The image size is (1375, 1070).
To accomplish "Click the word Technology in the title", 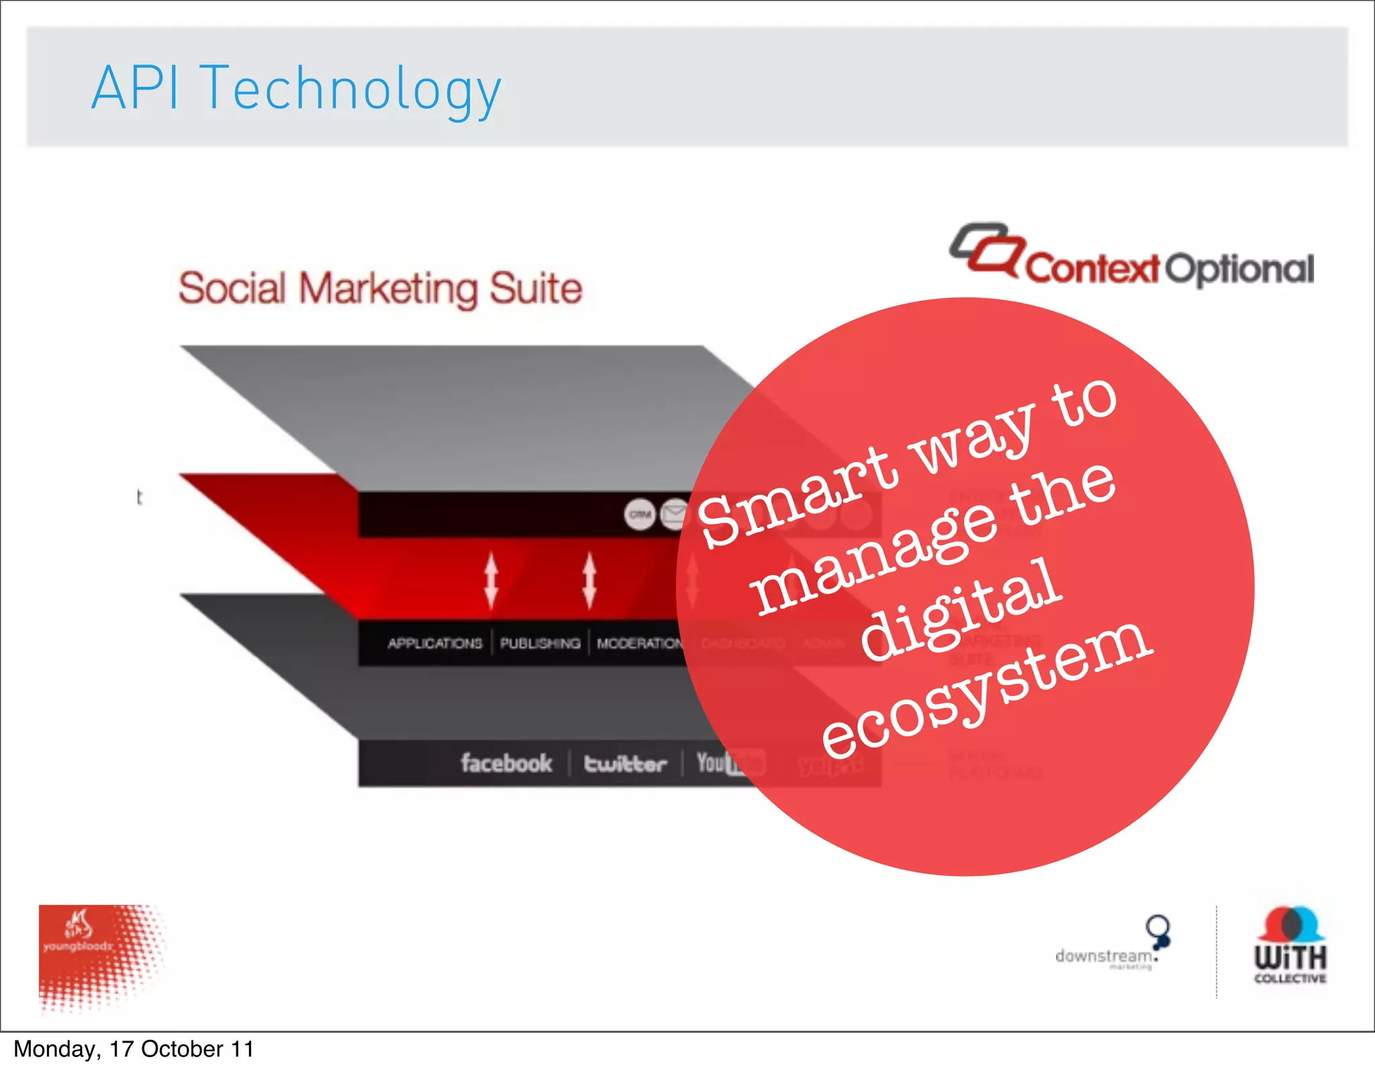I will [x=350, y=91].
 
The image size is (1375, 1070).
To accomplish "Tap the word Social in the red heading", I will [x=232, y=289].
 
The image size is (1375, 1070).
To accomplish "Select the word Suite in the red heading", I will [x=535, y=289].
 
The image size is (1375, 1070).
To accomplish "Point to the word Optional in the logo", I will [x=1239, y=269].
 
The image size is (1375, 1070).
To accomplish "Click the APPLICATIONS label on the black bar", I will [x=434, y=643].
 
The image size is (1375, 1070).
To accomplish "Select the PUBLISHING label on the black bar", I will [x=540, y=643].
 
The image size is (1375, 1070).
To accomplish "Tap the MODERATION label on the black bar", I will [x=638, y=643].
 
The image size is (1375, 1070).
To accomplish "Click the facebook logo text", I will [x=506, y=763].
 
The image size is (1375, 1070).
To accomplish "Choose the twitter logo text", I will [x=625, y=764].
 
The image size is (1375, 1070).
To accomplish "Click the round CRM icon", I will [x=640, y=515].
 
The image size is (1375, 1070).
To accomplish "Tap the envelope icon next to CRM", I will [x=673, y=515].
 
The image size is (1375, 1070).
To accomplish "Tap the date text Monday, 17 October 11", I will [x=134, y=1049].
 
